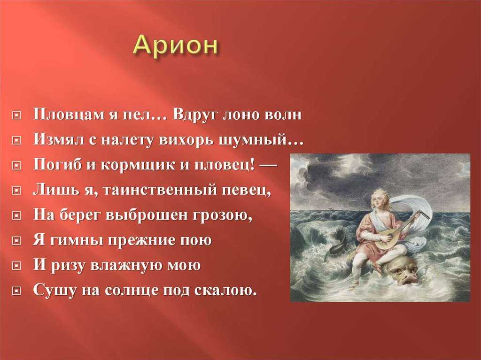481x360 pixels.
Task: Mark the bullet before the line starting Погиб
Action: (16, 166)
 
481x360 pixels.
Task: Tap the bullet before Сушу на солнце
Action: (16, 291)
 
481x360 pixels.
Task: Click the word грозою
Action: (222, 215)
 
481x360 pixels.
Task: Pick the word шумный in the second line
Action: (257, 140)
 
